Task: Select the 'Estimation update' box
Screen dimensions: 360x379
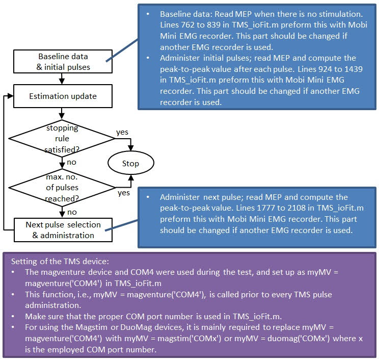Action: point(62,95)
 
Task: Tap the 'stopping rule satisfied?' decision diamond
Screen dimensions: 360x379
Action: point(62,138)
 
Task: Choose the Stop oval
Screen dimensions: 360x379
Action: point(130,164)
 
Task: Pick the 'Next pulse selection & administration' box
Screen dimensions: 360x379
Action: point(62,229)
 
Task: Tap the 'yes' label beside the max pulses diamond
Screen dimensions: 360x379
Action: point(124,193)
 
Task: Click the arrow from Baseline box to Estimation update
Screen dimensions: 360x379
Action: point(62,78)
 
